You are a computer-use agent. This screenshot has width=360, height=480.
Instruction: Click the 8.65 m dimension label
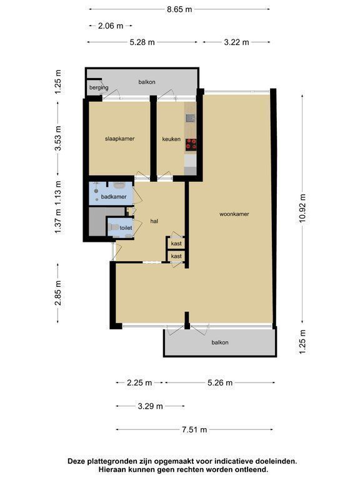point(179,9)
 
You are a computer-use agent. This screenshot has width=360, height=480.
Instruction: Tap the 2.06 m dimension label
point(111,26)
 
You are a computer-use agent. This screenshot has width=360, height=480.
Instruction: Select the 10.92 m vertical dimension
point(302,209)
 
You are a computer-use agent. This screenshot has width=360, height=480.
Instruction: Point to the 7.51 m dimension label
point(194,430)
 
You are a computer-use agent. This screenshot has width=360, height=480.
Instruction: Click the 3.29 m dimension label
point(150,406)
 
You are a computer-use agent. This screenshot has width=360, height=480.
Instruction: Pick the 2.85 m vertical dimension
point(58,293)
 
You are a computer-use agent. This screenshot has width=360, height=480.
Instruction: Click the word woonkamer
point(234,214)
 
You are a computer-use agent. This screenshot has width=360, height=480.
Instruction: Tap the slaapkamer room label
point(120,139)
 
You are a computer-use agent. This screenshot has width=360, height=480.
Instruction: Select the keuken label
point(171,139)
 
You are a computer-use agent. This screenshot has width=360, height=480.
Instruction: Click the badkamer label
point(114,197)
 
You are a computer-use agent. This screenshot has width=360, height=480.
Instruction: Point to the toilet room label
point(126,227)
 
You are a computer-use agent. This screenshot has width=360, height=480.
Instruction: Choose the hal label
point(154,221)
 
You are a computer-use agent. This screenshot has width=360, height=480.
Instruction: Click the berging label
point(99,87)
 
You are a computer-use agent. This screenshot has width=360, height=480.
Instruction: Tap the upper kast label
point(176,244)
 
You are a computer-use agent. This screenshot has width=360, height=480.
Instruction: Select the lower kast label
point(176,256)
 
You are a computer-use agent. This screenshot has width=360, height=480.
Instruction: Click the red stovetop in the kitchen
point(191,144)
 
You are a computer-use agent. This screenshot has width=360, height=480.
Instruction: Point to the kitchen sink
point(191,118)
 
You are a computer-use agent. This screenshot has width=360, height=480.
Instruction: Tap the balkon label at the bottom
point(220,342)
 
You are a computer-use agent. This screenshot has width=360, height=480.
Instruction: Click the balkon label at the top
point(147,82)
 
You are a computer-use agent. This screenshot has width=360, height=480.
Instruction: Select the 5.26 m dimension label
point(220,382)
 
